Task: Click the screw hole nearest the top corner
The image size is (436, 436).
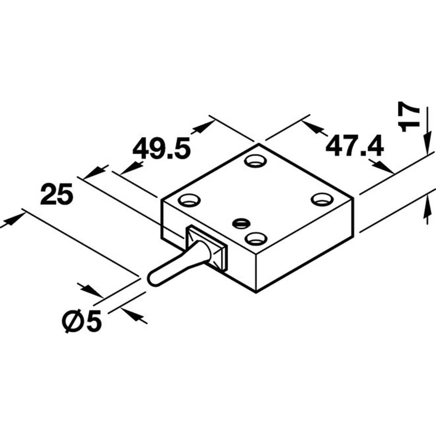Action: point(255,161)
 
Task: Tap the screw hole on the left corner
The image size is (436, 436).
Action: point(189,200)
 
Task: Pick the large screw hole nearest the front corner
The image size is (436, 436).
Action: point(256,238)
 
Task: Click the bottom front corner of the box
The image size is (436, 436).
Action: point(256,293)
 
